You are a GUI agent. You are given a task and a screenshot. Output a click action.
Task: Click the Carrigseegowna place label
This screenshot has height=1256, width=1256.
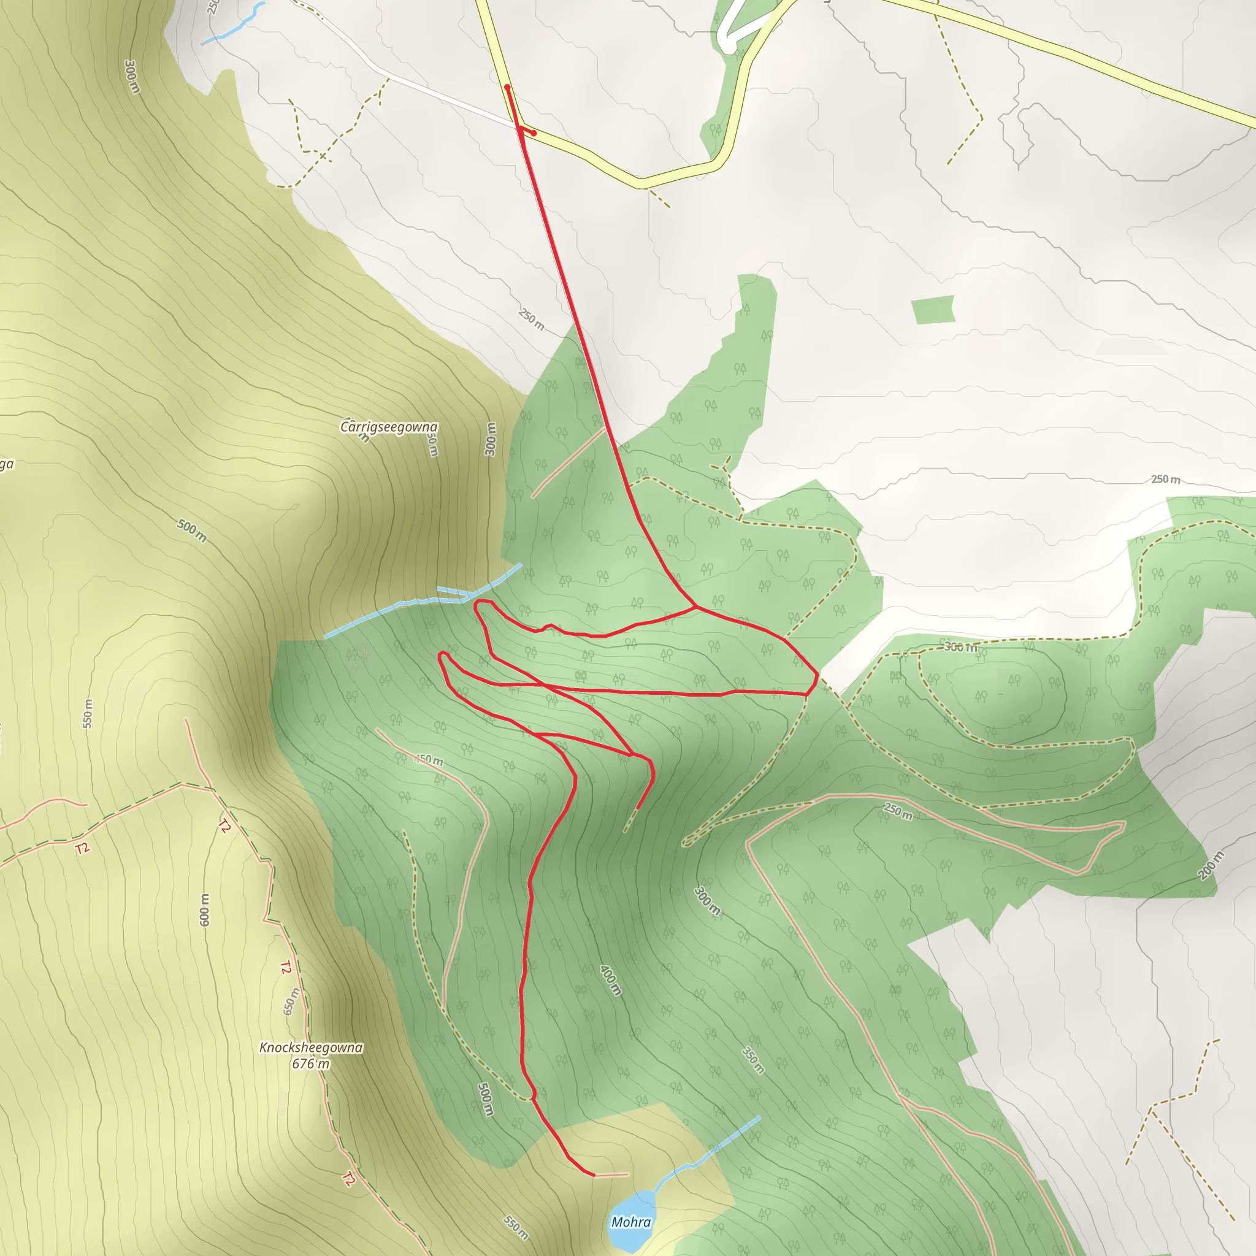pos(389,427)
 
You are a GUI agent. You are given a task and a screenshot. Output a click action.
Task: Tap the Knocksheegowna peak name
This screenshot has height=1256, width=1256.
pos(311,1047)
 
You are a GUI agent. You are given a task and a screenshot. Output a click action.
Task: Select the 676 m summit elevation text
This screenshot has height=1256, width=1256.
pos(311,1064)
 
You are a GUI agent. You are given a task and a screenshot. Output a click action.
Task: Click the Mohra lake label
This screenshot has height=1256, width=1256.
pos(630,1222)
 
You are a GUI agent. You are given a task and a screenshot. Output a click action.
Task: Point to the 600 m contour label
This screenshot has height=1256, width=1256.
pos(205,909)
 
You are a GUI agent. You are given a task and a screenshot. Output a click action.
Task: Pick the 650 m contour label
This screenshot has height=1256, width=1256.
pos(292,1001)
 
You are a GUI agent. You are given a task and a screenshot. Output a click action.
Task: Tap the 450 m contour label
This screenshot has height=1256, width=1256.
pos(429,759)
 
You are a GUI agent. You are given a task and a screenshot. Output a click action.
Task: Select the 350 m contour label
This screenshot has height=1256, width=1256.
pos(753,1060)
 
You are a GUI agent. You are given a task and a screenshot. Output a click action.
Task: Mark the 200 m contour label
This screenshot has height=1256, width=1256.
pos(1211,865)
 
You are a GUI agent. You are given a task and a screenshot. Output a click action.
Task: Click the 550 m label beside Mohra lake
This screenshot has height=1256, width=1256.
pos(516,1227)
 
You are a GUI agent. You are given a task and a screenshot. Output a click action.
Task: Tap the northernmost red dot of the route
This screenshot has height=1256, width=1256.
pos(507,86)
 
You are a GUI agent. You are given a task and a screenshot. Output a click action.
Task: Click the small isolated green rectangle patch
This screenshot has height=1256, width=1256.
pos(933,310)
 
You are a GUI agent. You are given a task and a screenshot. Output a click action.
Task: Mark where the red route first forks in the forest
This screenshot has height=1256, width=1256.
pos(696,608)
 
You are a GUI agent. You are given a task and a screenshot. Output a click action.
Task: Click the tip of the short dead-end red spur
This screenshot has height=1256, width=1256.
pos(638,808)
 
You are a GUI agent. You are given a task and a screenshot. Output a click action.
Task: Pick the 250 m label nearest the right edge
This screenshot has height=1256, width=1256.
pos(1166,479)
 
